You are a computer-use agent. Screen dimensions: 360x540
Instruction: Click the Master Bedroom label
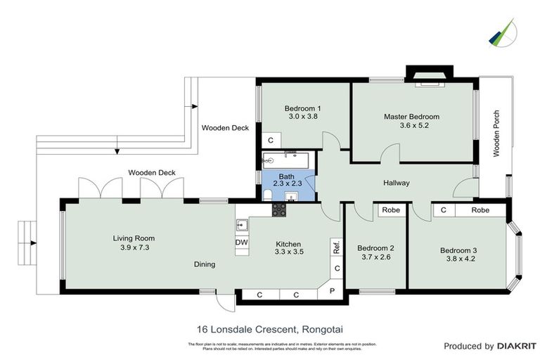point(411,116)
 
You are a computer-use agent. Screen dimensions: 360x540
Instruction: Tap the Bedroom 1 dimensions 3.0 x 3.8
point(303,117)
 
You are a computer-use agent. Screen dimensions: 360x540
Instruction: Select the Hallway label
point(396,183)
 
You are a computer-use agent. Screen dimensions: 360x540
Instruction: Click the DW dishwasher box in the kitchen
point(241,242)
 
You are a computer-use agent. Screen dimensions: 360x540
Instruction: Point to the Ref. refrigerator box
point(337,247)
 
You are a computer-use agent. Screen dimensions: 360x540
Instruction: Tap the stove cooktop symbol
point(279,210)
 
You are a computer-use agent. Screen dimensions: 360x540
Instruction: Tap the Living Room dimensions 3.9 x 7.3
point(134,247)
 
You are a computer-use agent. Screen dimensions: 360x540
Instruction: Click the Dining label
point(204,264)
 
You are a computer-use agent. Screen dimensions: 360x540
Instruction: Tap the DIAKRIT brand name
point(517,346)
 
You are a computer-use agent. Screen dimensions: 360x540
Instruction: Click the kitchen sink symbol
point(241,226)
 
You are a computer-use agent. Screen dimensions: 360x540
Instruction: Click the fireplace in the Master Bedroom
point(428,79)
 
